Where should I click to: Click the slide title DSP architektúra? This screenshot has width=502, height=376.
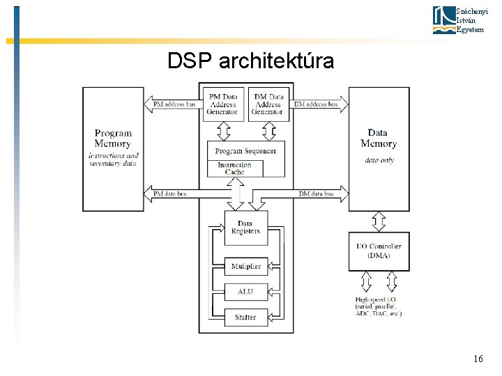coord(250,61)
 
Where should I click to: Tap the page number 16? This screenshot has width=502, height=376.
coord(478,359)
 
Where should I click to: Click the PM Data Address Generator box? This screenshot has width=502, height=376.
coord(224,104)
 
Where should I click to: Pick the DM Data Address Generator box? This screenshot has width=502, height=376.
coord(267,104)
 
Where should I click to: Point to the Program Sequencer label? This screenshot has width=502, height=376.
coord(245,151)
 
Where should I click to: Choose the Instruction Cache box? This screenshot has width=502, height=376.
coord(235,169)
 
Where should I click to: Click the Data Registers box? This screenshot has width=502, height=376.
coord(245,227)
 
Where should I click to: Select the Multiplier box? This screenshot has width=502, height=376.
coord(245,266)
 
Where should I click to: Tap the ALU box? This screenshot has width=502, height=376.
coord(245,292)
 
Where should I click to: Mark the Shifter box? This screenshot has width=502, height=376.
coord(245,317)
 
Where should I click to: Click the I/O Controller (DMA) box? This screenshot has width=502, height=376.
coord(379,251)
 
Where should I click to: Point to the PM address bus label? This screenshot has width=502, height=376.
coord(174,104)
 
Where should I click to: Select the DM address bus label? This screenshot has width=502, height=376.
coord(315,104)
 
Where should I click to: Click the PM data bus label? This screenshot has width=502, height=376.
coord(169,194)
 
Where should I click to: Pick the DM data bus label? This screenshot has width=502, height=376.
coord(315,194)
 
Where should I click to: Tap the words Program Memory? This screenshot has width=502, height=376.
coord(113,138)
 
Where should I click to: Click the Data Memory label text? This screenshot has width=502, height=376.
coord(379,138)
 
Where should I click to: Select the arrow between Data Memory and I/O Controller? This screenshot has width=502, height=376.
coord(379,221)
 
